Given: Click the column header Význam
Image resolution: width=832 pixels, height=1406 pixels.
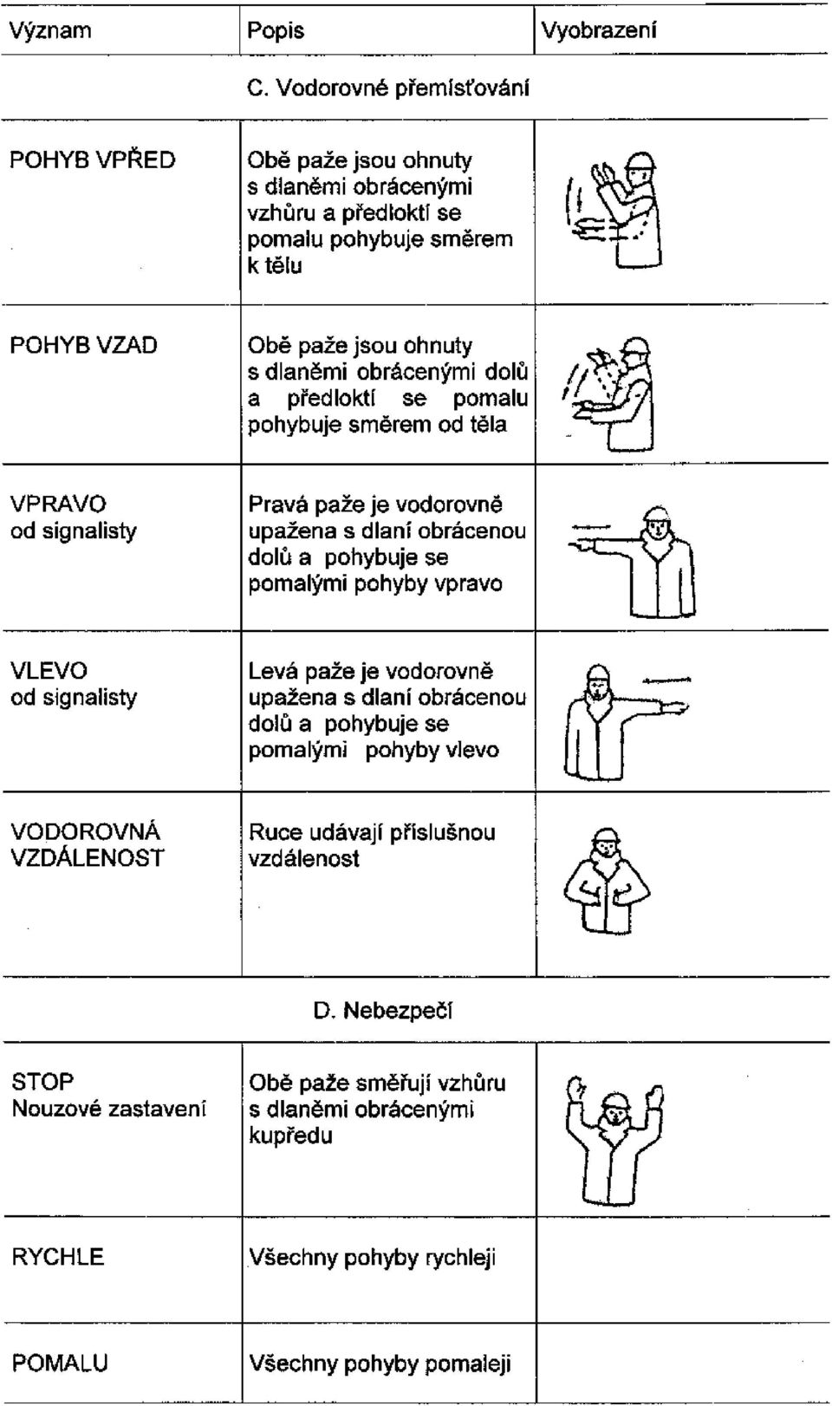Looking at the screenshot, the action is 50,30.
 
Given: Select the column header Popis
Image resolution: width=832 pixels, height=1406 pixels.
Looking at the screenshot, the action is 276,30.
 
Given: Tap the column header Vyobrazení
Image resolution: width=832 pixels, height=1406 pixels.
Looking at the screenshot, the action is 599,30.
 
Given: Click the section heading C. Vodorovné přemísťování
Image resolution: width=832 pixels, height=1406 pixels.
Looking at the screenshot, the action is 388,88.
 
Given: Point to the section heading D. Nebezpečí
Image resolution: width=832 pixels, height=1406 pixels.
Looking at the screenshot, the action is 383,1011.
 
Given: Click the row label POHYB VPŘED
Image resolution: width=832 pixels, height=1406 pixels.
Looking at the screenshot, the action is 92,160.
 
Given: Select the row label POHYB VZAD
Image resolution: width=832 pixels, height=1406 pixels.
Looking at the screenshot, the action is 83,345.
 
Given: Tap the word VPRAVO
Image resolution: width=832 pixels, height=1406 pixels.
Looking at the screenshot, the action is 58,504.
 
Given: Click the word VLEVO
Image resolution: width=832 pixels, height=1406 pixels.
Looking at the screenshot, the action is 49,671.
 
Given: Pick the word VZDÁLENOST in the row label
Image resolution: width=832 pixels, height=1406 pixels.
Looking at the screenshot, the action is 88,858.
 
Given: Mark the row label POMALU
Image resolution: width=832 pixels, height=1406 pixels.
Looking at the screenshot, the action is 60,1363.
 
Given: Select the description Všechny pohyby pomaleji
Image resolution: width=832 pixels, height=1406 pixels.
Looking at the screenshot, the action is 380,1364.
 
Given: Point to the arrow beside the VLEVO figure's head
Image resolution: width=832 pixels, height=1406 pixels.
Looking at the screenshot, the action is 666,680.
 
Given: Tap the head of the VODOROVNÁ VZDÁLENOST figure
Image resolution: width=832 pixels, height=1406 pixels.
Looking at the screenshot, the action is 606,844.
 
